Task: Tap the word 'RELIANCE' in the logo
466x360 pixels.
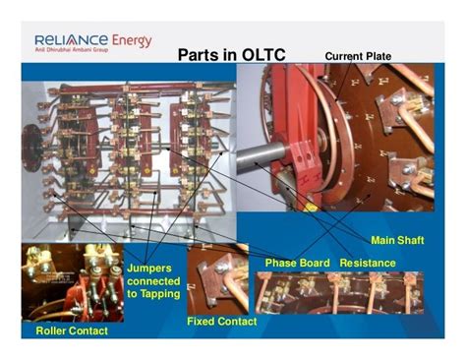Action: (x=62, y=42)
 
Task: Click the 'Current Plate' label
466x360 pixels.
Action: (x=358, y=56)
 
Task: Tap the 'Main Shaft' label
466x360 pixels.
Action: (x=397, y=240)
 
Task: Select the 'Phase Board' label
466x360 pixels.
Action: (x=297, y=263)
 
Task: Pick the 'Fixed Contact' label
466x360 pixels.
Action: (x=221, y=322)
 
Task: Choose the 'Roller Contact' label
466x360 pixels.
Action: (x=72, y=331)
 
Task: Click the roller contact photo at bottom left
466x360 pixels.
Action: (x=71, y=284)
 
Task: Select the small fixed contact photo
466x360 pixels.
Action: (x=217, y=280)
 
